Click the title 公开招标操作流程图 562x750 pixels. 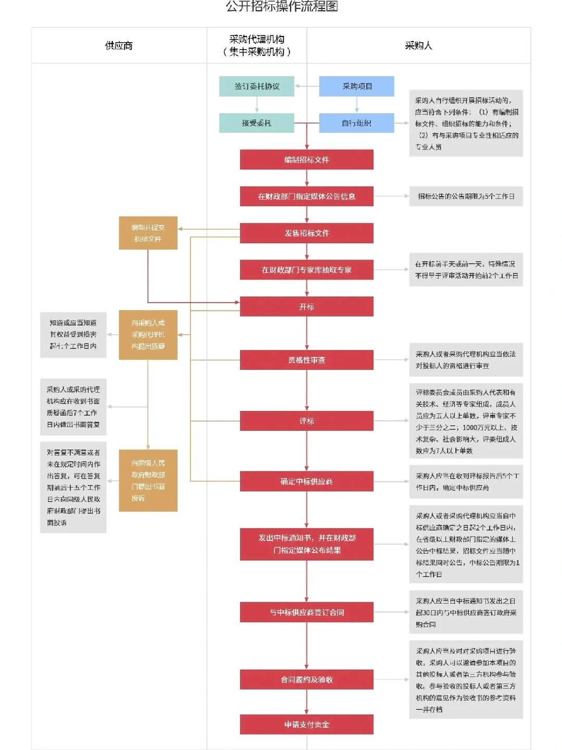click(282, 6)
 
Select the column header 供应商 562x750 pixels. click(119, 46)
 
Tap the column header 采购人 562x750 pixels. click(418, 46)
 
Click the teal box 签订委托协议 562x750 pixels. click(257, 86)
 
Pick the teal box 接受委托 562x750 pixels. click(257, 123)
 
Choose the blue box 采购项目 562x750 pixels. click(356, 86)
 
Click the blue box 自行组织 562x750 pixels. click(356, 123)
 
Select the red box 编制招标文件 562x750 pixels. click(306, 160)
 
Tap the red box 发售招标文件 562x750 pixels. click(306, 233)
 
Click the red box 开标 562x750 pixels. click(306, 307)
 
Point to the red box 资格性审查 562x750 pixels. click(306, 360)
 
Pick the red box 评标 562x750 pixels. click(306, 421)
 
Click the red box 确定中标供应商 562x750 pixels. click(306, 481)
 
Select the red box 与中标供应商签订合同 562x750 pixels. click(306, 612)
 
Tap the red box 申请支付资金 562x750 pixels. click(306, 724)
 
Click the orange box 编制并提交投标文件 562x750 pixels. click(148, 233)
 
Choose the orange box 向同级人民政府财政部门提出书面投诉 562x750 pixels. click(148, 480)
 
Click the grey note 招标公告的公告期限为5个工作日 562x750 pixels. click(466, 196)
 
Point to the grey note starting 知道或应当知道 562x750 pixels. click(73, 334)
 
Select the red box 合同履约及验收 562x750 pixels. click(306, 679)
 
